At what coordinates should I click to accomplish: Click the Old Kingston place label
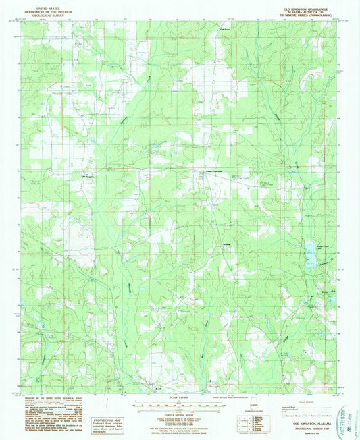pyautogui.click(x=88, y=177)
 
